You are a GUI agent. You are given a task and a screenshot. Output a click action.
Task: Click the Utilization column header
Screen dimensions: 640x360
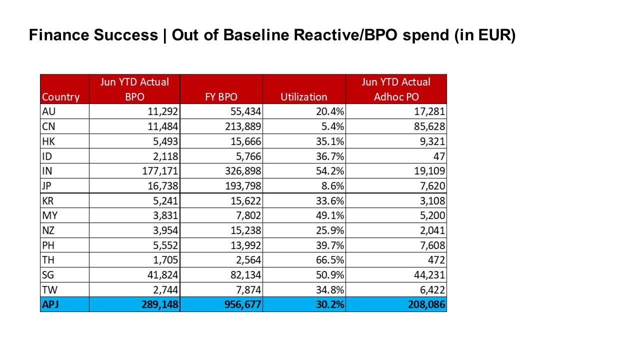[x=303, y=97]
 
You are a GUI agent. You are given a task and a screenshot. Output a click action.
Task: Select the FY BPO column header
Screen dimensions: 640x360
[x=221, y=97]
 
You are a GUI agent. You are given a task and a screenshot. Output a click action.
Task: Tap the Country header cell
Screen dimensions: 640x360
[x=60, y=97]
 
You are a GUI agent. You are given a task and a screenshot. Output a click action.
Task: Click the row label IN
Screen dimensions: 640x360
[x=47, y=171]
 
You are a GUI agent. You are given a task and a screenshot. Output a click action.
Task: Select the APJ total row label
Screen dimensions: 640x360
[x=50, y=304]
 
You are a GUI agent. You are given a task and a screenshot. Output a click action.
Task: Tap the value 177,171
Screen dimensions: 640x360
[x=160, y=171]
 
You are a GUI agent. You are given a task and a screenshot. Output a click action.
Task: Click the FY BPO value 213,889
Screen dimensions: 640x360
[x=243, y=126]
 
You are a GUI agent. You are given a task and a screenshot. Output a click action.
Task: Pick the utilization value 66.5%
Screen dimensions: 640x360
[x=329, y=260]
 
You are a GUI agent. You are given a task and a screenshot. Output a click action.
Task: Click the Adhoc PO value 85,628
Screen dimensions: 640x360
[x=429, y=126]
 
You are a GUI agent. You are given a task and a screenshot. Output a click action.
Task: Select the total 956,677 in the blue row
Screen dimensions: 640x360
[x=242, y=304]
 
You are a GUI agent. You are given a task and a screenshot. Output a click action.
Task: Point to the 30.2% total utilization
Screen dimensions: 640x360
[x=329, y=304]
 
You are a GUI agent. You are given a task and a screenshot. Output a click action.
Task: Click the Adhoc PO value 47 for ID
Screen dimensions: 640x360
[x=439, y=156]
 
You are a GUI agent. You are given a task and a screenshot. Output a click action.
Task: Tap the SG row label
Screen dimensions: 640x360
[x=47, y=275]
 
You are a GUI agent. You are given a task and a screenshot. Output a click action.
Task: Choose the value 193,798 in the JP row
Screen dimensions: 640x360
[x=243, y=186]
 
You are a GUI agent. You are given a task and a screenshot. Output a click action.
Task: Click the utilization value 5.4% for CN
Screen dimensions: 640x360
[x=332, y=126]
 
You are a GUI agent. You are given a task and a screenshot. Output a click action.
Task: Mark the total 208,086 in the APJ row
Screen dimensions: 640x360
[x=426, y=304]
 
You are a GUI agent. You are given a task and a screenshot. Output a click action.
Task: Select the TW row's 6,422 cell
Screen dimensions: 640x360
[x=432, y=290]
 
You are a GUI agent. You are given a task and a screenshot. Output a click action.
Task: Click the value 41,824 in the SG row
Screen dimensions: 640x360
[x=162, y=275]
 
